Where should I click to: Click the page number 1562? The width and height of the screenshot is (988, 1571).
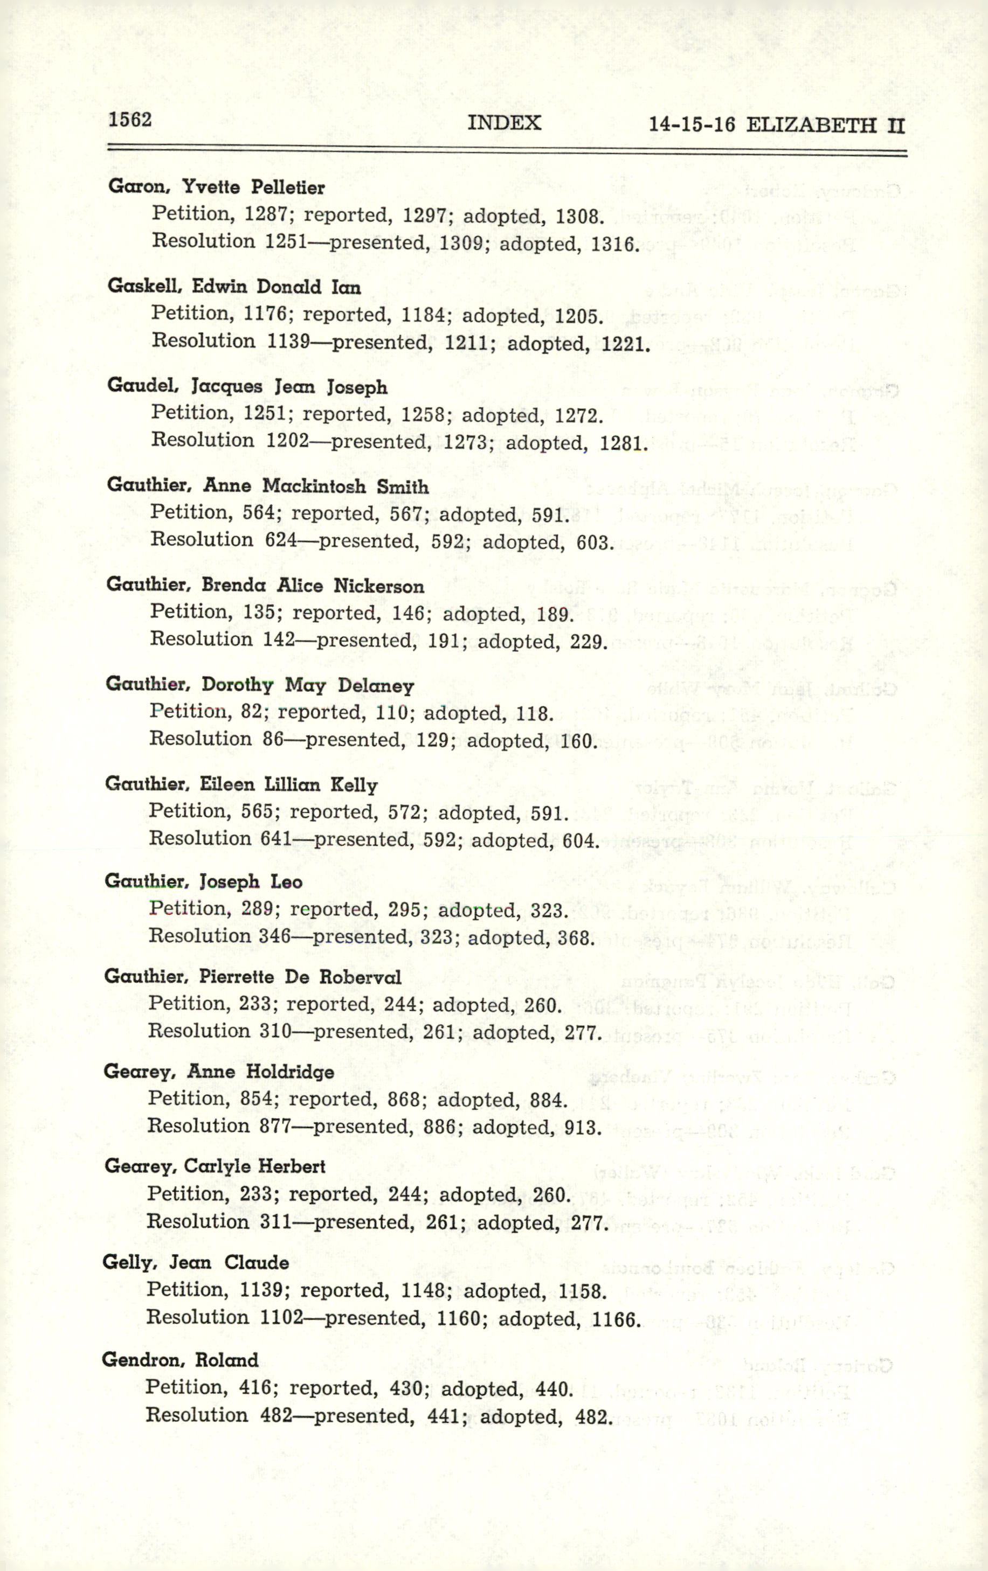coord(130,120)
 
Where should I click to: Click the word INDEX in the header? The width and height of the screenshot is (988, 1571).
coord(504,123)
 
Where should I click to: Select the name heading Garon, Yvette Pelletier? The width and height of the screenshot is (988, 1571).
coord(216,187)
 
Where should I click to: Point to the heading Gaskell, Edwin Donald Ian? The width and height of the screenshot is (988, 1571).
coord(233,287)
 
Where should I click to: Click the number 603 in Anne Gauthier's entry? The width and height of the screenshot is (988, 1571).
coord(594,543)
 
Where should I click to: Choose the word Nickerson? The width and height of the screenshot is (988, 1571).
coord(378,586)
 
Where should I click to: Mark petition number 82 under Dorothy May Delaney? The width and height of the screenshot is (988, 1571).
coord(251,711)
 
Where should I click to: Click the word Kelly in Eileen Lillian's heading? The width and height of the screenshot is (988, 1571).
coord(354,785)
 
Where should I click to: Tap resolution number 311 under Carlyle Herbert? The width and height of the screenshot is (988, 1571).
coord(275,1221)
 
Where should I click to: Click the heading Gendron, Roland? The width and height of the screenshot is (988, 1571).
coord(180,1361)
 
